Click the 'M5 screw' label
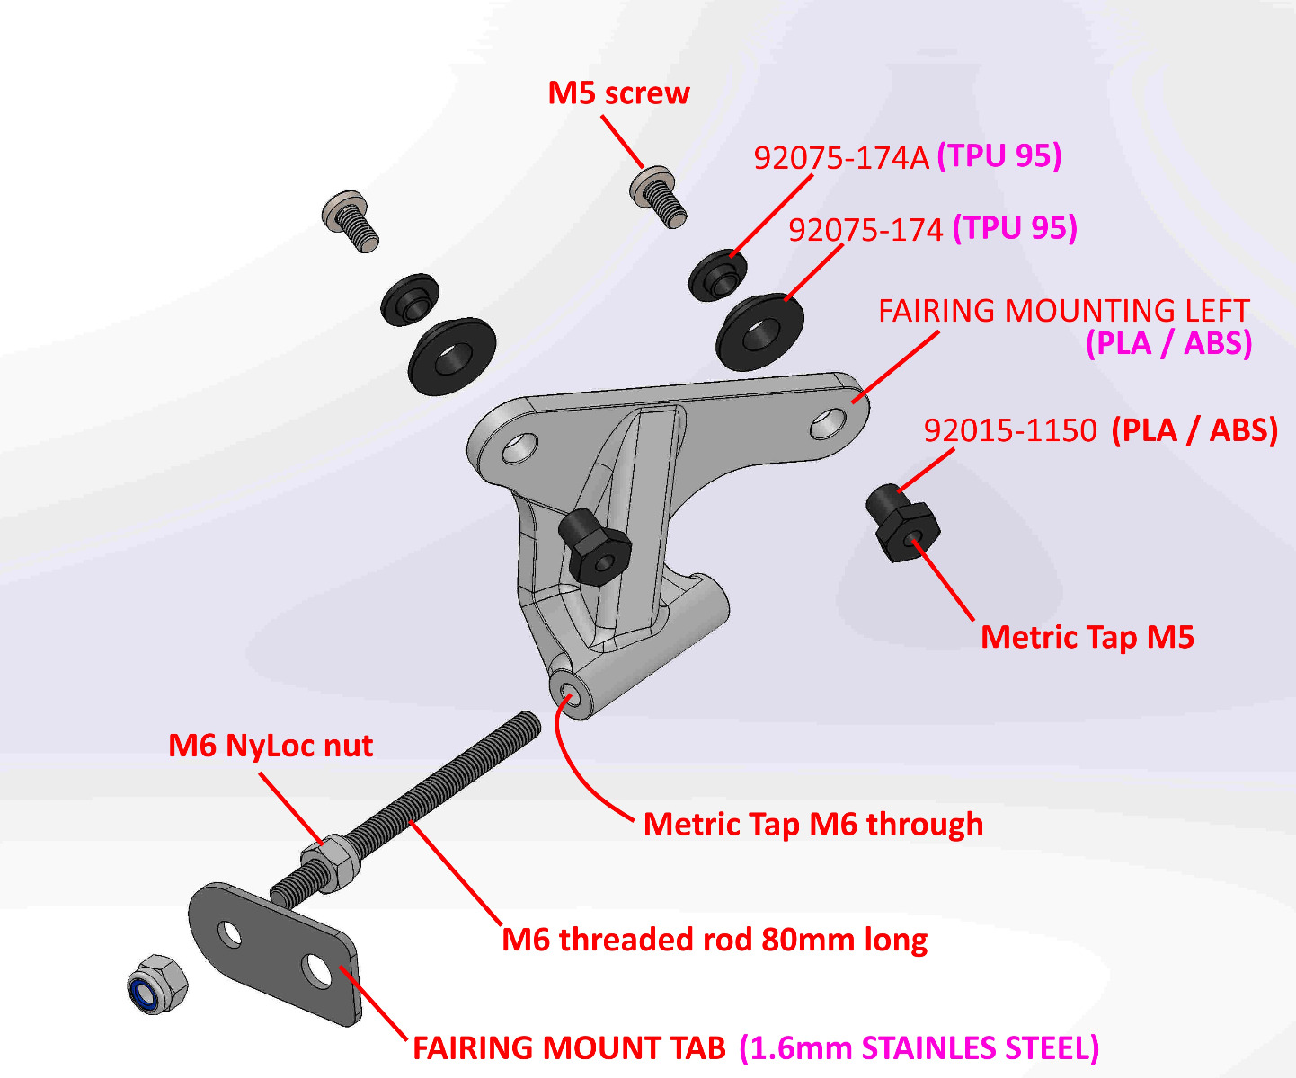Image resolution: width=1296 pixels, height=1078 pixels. tap(618, 93)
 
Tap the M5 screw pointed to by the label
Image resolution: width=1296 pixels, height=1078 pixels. tap(660, 196)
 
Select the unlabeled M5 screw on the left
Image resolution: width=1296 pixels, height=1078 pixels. tap(351, 220)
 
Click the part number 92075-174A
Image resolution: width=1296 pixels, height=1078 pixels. tap(840, 158)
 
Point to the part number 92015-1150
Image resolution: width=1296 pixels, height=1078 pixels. tap(1010, 431)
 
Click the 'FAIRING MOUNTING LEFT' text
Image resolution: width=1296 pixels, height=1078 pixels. tap(1063, 311)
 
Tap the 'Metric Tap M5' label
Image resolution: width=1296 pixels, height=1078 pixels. tap(1087, 637)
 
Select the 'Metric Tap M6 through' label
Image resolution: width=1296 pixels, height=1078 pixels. tap(812, 824)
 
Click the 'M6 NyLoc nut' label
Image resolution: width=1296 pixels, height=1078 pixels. tap(271, 746)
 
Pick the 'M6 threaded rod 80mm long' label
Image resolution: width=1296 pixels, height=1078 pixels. tap(715, 940)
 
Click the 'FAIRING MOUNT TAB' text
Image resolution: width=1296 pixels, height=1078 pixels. tap(569, 1047)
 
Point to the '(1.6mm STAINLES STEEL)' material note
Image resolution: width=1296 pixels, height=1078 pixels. tap(919, 1047)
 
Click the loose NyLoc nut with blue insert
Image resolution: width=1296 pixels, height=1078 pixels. tap(156, 985)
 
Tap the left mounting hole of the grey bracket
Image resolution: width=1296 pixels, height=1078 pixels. tap(519, 447)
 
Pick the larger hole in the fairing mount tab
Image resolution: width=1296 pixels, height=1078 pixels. tap(318, 970)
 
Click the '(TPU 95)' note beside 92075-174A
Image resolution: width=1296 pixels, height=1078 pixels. tap(999, 156)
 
